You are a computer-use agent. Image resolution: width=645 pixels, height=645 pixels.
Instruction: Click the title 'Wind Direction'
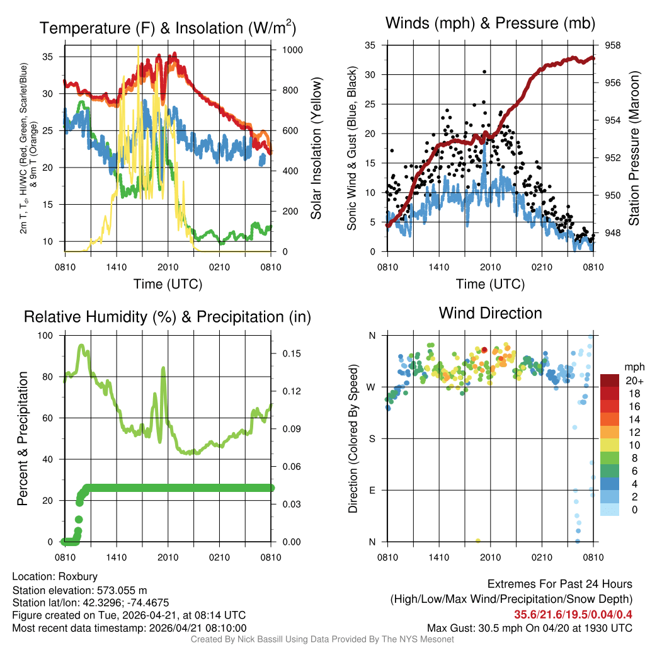(x=490, y=313)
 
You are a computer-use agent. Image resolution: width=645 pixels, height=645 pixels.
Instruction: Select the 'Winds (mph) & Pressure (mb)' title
(x=490, y=24)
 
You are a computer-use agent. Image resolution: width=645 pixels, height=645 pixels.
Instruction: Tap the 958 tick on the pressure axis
(x=613, y=45)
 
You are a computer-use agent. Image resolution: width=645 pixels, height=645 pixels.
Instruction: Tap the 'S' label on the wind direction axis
(x=372, y=438)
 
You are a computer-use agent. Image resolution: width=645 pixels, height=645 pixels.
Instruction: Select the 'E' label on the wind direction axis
(x=372, y=490)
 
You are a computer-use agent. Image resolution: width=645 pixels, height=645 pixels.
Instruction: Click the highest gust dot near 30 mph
(x=484, y=72)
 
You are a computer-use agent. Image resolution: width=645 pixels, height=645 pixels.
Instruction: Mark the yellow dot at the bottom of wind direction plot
(x=478, y=540)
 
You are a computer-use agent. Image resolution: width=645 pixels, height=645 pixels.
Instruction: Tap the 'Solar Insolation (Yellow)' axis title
(x=316, y=149)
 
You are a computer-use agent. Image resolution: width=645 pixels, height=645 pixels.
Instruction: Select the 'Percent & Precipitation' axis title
(x=23, y=438)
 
